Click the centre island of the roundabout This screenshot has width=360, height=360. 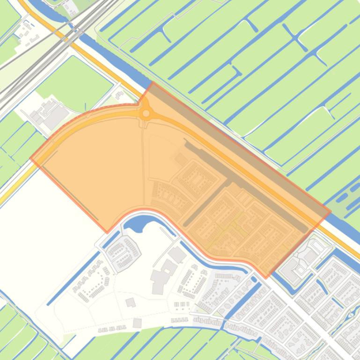[x=146, y=113]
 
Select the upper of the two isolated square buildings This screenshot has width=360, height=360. [x=131, y=303]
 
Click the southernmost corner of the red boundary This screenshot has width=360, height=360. [x=265, y=278]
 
